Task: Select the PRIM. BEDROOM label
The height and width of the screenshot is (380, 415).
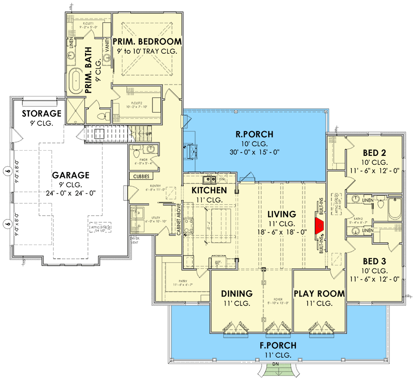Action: (147, 42)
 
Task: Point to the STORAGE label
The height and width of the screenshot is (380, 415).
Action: (42, 114)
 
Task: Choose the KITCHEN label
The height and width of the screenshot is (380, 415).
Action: (209, 190)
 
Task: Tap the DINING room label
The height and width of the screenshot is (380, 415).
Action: (237, 294)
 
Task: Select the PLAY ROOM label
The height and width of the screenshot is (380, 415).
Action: (319, 294)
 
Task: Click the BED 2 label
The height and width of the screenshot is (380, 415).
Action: (374, 153)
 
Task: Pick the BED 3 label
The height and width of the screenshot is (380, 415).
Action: (374, 261)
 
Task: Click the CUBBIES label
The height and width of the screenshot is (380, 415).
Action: (142, 177)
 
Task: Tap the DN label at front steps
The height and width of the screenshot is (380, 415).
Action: (275, 365)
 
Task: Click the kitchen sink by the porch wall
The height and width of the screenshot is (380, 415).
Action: (209, 180)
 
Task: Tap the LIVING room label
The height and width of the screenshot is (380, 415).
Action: (281, 214)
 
